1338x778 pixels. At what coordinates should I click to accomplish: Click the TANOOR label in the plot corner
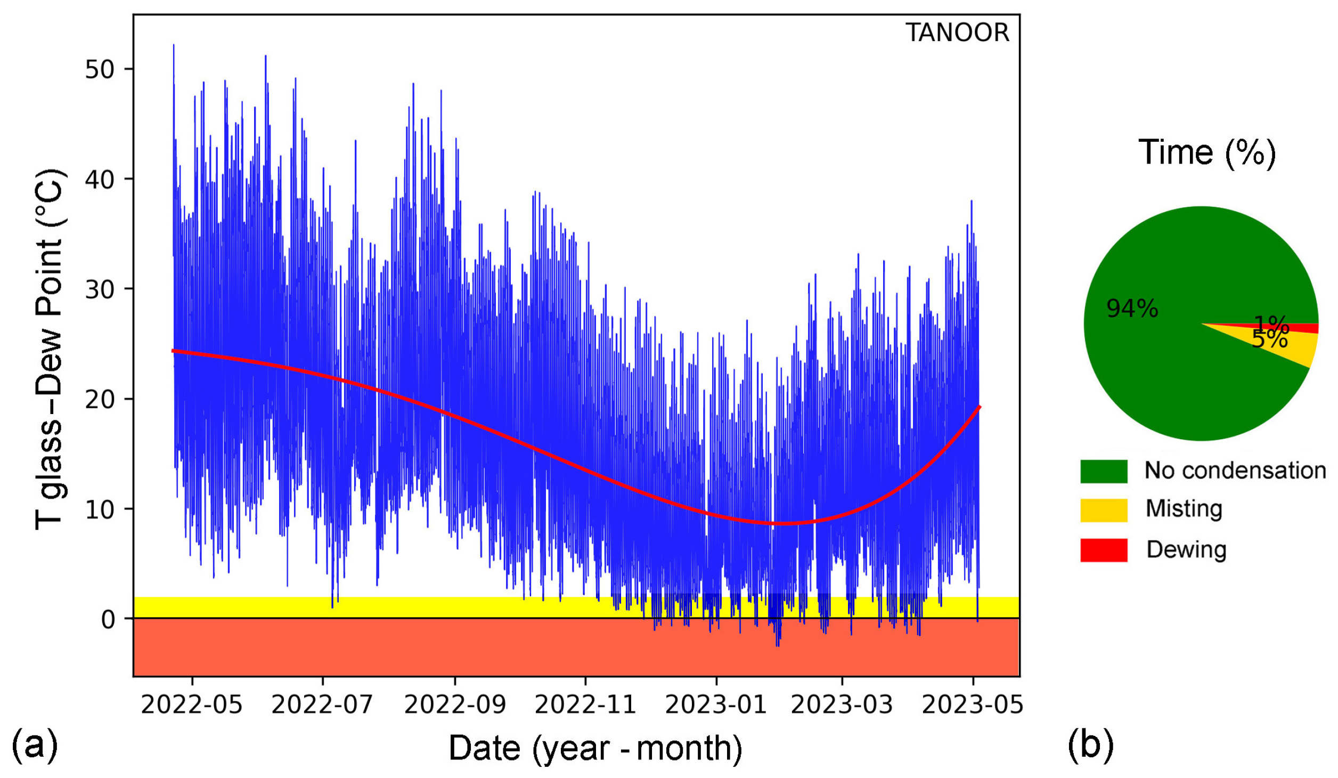pyautogui.click(x=957, y=33)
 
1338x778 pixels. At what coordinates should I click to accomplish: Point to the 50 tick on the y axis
pyautogui.click(x=100, y=70)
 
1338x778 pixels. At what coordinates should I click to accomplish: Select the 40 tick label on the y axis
pyautogui.click(x=100, y=180)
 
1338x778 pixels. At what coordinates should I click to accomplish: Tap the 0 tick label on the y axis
pyautogui.click(x=108, y=619)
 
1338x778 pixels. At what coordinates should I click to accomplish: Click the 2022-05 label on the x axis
pyautogui.click(x=191, y=704)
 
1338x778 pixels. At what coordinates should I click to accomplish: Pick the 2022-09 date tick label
pyautogui.click(x=454, y=704)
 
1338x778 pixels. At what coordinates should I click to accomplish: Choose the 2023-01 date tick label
pyautogui.click(x=715, y=704)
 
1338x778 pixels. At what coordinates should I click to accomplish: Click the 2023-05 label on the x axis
pyautogui.click(x=972, y=704)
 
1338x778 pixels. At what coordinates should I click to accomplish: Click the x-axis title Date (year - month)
pyautogui.click(x=595, y=748)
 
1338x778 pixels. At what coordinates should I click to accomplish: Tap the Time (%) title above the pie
pyautogui.click(x=1206, y=152)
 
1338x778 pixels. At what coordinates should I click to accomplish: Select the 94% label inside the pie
pyautogui.click(x=1132, y=309)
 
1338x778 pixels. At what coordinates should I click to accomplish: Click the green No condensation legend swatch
pyautogui.click(x=1104, y=471)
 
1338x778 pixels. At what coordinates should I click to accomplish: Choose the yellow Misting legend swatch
pyautogui.click(x=1104, y=510)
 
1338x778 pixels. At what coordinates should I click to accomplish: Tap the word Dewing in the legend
pyautogui.click(x=1186, y=549)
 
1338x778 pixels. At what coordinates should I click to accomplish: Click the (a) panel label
pyautogui.click(x=35, y=745)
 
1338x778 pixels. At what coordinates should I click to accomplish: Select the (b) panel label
pyautogui.click(x=1090, y=745)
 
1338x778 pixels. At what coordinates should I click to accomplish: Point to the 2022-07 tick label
pyautogui.click(x=322, y=704)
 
